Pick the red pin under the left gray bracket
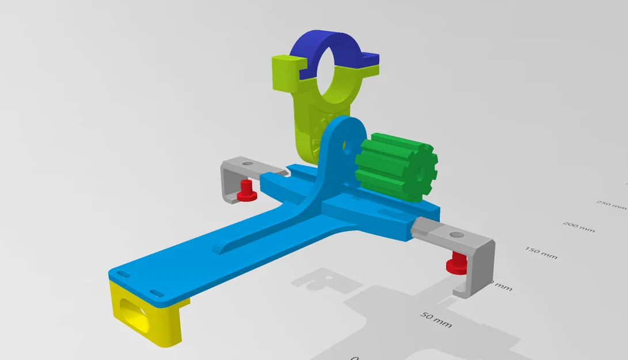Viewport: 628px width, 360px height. pos(246,191)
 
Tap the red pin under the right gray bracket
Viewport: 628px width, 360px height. pos(458,262)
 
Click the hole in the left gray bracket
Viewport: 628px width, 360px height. pos(248,164)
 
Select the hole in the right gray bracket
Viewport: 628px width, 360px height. pos(456,236)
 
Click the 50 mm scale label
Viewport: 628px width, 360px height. pos(436,320)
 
